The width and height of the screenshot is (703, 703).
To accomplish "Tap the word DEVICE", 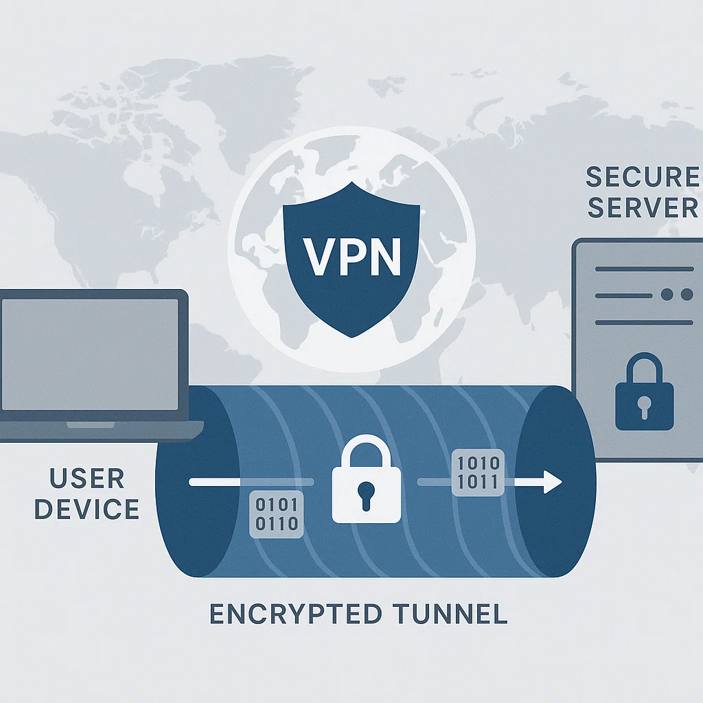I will pyautogui.click(x=87, y=510).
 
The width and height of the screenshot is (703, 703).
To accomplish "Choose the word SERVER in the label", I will pyautogui.click(x=642, y=207).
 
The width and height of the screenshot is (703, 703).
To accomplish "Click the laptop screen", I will pyautogui.click(x=92, y=354).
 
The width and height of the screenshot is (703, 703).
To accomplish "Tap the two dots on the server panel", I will pyautogui.click(x=676, y=295).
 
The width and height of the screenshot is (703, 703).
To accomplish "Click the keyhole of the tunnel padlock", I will pyautogui.click(x=366, y=494).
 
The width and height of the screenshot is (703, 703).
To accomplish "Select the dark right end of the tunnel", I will pyautogui.click(x=555, y=481).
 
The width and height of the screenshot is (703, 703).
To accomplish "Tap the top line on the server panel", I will pyautogui.click(x=644, y=269).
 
